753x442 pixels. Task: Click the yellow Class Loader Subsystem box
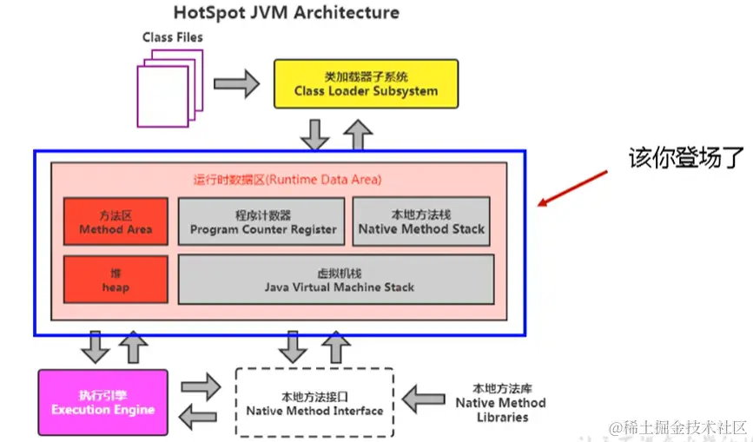pyautogui.click(x=366, y=83)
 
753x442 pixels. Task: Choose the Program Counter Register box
pyautogui.click(x=263, y=222)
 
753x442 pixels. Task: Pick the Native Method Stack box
pyautogui.click(x=421, y=222)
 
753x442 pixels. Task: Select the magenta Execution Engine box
pyautogui.click(x=102, y=403)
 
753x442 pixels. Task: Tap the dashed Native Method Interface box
pyautogui.click(x=314, y=404)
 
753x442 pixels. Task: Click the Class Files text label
pyautogui.click(x=173, y=37)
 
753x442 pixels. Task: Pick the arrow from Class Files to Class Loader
pyautogui.click(x=235, y=83)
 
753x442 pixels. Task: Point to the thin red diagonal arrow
pyautogui.click(x=573, y=177)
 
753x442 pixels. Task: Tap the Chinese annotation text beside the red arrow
pyautogui.click(x=687, y=157)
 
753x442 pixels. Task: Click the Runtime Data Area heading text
pyautogui.click(x=287, y=180)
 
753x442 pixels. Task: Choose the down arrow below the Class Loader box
pyautogui.click(x=315, y=133)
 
